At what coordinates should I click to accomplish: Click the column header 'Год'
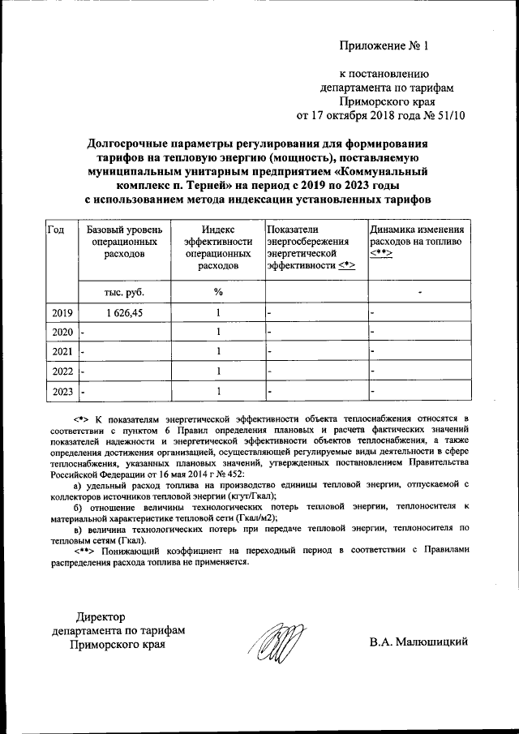56,230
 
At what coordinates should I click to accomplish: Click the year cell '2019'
62,312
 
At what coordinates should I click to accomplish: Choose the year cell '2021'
62,352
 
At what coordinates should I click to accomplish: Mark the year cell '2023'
62,392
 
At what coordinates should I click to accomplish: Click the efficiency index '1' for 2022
218,371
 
